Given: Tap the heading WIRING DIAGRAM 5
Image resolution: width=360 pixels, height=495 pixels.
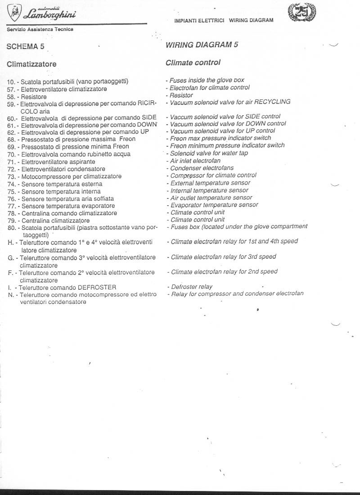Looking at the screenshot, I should tap(202, 45).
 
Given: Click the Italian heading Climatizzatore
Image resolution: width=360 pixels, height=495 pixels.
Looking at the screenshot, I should tap(31, 64).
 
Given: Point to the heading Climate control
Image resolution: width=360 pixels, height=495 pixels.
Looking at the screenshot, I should tap(193, 63).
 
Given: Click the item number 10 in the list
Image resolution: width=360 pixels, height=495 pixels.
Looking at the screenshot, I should tap(11, 81).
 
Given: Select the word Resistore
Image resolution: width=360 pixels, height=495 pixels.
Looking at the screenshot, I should tap(34, 97).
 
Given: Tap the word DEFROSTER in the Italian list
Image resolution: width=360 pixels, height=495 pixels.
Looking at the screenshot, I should tap(97, 287).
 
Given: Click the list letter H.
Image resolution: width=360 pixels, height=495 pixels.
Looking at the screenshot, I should tap(10, 242).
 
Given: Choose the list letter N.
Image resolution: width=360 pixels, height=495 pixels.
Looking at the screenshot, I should tap(10, 295).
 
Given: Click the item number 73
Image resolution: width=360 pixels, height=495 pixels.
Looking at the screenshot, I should tap(11, 176).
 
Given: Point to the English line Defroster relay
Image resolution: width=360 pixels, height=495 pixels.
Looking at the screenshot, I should tap(191, 287).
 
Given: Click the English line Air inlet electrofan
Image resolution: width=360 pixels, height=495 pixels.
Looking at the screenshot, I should tap(195, 161).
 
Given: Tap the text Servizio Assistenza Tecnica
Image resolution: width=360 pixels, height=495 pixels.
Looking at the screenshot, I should tap(40, 29).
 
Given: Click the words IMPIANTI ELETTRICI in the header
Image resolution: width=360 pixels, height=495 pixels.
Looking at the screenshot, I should tap(199, 21).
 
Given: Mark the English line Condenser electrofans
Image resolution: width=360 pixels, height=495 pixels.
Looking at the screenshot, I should tap(202, 168).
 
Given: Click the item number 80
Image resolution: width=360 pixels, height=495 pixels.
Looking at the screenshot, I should tap(11, 228).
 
